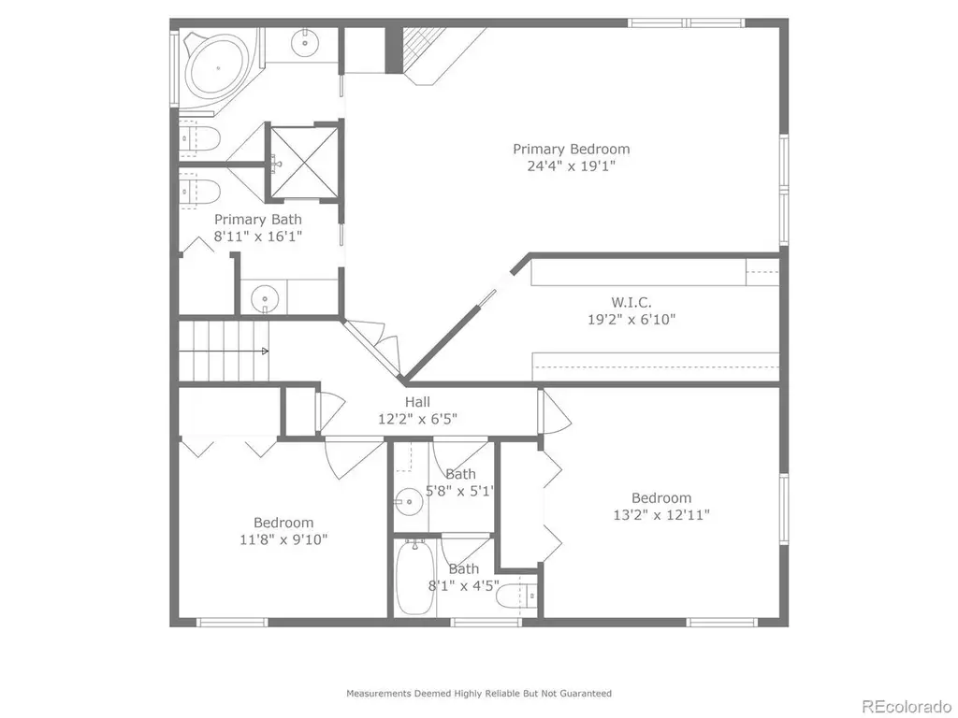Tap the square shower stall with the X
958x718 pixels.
point(304,162)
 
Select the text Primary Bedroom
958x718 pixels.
point(572,149)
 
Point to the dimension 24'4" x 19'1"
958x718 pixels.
point(572,166)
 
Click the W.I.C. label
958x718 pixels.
point(631,302)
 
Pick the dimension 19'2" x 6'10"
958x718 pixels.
point(631,320)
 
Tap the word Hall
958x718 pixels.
point(417,402)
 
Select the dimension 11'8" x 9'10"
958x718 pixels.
point(283,539)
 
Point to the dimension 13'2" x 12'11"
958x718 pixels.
point(661,515)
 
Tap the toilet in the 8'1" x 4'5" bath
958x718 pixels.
point(516,596)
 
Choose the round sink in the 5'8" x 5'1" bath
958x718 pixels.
point(408,503)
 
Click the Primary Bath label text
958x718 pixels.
point(258,220)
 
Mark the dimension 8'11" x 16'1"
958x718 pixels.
point(258,237)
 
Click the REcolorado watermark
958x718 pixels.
point(907,707)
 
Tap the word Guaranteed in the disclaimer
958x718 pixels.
point(588,694)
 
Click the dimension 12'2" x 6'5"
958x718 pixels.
point(417,419)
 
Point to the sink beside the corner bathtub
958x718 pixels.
point(303,42)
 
